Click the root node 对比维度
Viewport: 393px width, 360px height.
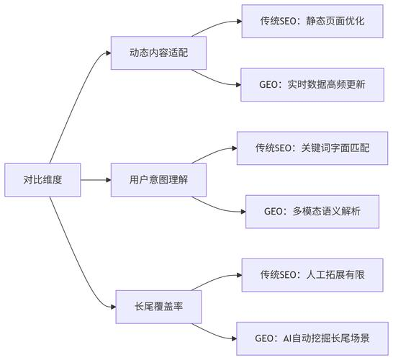pos(42,180)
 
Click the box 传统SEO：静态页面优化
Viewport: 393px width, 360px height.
pos(312,21)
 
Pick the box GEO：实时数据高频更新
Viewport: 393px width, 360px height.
pos(312,84)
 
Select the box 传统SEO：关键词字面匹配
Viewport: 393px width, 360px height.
pos(312,148)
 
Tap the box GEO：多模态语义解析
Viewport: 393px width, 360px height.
pos(312,212)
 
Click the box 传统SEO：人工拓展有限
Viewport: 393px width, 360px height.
pos(312,275)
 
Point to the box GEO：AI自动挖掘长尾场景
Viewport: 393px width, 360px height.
pos(312,338)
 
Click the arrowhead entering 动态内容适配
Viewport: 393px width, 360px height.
pos(107,53)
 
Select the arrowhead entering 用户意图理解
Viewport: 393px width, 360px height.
pos(107,180)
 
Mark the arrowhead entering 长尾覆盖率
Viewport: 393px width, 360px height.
pos(112,307)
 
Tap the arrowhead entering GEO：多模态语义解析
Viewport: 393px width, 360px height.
pos(241,212)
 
